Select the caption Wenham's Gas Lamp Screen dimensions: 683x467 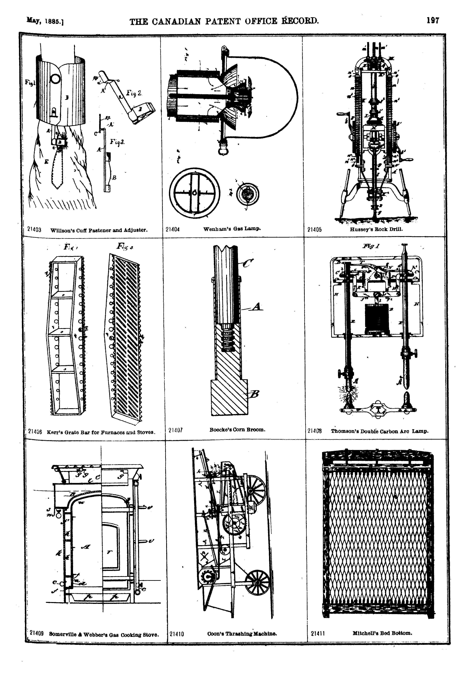point(232,228)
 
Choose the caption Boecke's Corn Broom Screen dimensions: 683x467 point(237,429)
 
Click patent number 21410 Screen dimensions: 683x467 point(177,634)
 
